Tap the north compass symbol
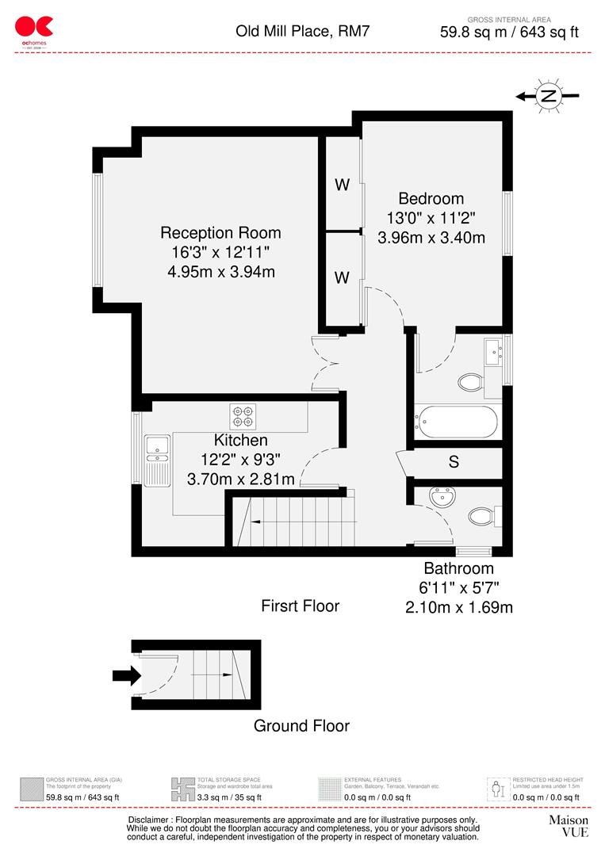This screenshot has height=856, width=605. click(547, 96)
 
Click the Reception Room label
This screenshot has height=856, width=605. click(220, 233)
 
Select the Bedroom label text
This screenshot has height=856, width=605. click(431, 199)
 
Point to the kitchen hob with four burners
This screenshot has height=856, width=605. click(243, 415)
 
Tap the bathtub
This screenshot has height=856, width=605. click(458, 422)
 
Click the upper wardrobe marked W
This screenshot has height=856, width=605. click(342, 185)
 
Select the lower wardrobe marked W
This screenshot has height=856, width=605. click(342, 277)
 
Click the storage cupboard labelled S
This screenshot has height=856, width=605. click(454, 462)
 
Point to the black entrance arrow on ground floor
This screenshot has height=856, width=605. click(125, 676)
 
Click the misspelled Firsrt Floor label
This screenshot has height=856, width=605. click(300, 606)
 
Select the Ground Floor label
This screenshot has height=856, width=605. click(301, 725)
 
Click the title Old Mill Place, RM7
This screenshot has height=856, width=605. click(302, 32)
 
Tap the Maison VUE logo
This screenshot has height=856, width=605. click(569, 826)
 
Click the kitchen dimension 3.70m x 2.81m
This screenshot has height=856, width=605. click(240, 479)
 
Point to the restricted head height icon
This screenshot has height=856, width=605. click(497, 789)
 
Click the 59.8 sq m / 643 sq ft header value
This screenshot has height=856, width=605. click(509, 32)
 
